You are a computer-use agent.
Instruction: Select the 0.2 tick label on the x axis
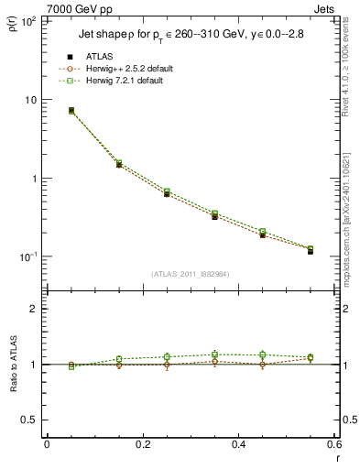142,444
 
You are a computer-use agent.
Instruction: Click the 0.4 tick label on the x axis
238,444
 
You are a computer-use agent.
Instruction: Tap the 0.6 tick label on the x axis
333,444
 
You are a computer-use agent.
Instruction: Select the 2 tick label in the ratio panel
34,310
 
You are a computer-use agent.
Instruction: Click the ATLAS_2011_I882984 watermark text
191,274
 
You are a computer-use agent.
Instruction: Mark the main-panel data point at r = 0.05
71,111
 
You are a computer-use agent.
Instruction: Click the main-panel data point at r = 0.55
311,250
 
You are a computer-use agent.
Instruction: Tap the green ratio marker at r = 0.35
214,354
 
